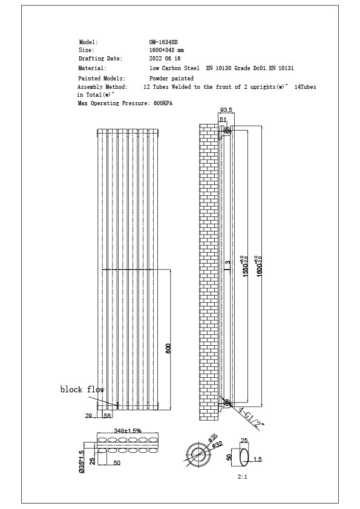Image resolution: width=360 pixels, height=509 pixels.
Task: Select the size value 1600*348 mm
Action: pos(166,50)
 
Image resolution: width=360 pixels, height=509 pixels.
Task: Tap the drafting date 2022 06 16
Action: pos(165,59)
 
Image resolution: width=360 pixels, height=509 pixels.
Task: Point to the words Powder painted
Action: pos(171,79)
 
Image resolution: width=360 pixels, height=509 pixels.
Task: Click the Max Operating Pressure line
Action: pos(125,104)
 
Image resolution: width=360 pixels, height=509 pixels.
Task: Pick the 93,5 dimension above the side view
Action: pos(226,111)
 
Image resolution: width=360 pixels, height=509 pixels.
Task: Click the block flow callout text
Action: pos(82,389)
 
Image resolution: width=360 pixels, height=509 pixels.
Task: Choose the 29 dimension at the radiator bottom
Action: pos(88,417)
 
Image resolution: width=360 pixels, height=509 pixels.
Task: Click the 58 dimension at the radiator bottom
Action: pos(107,417)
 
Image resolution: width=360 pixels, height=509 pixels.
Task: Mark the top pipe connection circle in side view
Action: pos(227,131)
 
